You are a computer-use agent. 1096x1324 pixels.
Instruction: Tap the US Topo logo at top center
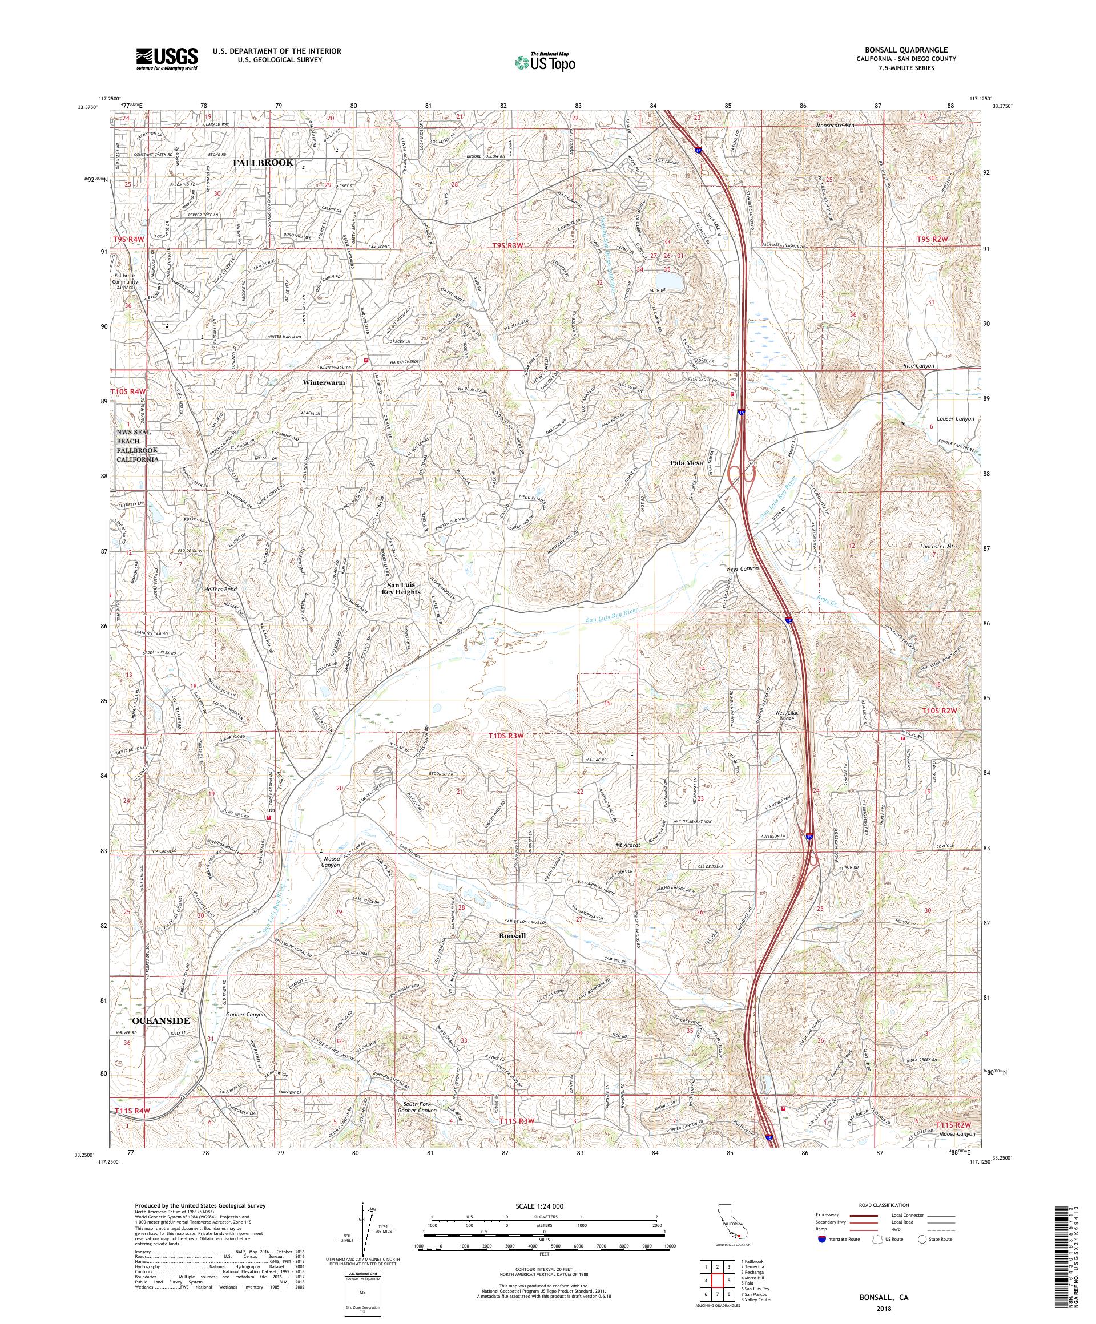[546, 61]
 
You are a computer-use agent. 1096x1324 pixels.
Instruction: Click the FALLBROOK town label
[263, 163]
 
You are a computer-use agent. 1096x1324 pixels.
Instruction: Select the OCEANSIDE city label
[160, 1037]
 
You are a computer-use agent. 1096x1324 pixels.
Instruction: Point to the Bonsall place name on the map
[511, 935]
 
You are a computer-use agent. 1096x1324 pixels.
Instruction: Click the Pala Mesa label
[686, 462]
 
